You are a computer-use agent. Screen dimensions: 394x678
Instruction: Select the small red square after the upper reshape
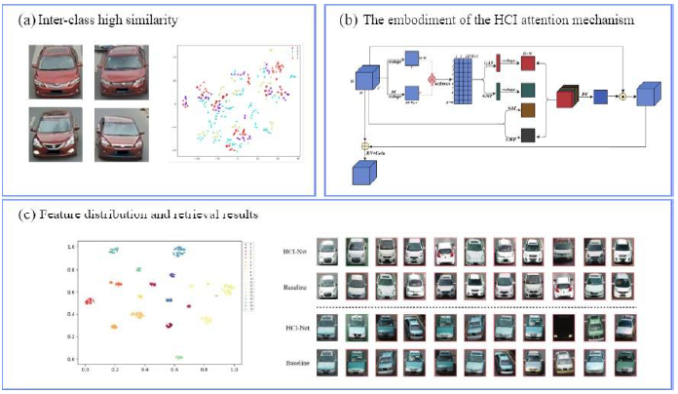[528, 64]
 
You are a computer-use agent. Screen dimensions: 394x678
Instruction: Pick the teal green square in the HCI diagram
[528, 89]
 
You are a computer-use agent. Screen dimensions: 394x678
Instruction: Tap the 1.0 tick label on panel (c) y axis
[70, 248]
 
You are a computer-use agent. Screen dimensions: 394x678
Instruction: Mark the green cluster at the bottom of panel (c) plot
[178, 358]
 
